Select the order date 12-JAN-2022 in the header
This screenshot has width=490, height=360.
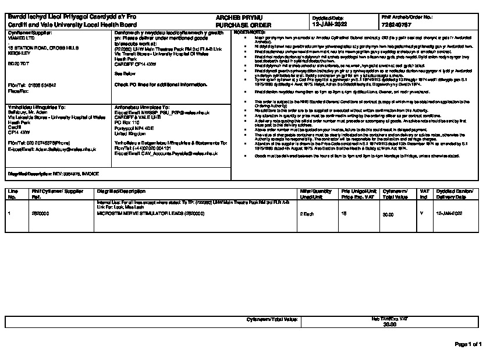(x=329, y=26)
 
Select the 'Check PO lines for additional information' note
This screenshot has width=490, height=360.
(x=161, y=84)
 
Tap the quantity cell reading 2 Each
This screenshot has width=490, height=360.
(x=307, y=214)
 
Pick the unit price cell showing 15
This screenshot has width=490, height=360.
(x=344, y=214)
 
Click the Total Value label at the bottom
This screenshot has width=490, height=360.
(x=273, y=320)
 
